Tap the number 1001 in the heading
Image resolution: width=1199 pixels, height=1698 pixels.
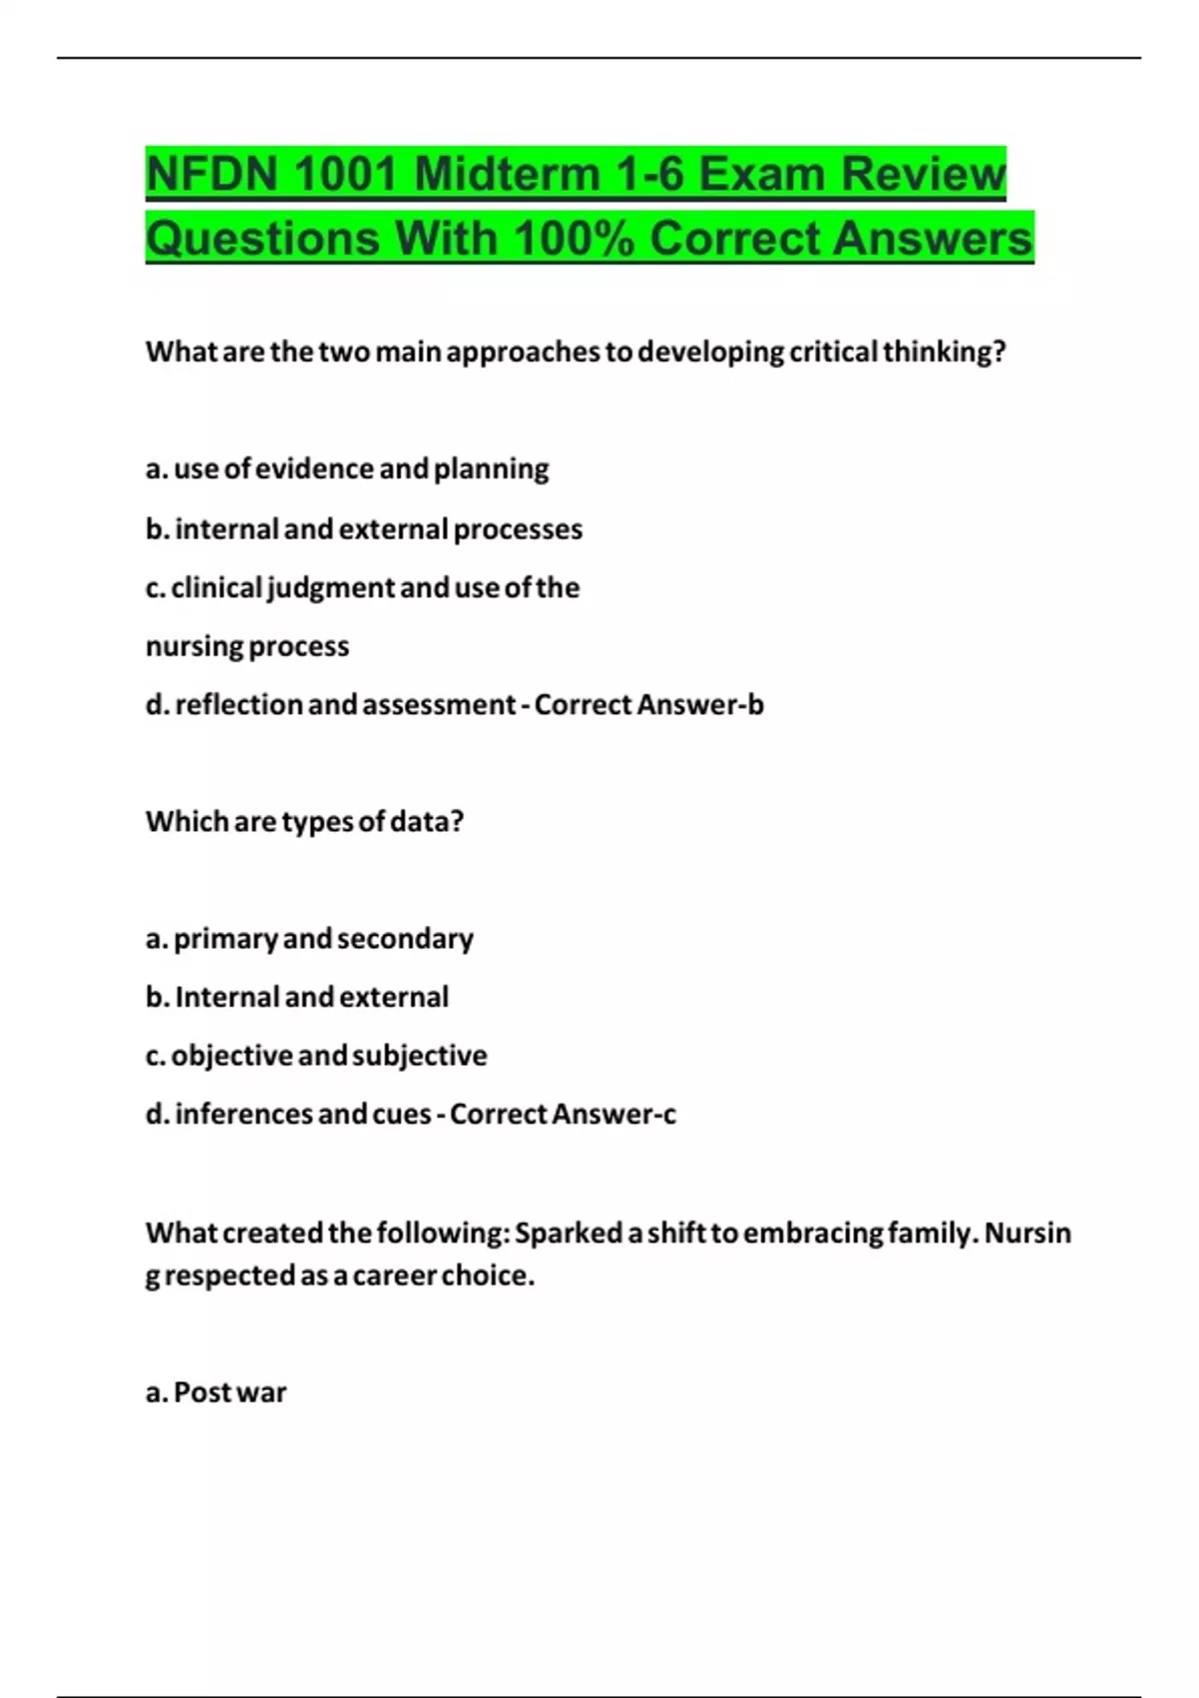[345, 175]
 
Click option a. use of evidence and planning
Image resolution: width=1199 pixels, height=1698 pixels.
[347, 469]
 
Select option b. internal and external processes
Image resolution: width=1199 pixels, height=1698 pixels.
[364, 529]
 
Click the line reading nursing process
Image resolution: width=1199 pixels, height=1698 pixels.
[247, 646]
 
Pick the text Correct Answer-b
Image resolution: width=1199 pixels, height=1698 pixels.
[648, 705]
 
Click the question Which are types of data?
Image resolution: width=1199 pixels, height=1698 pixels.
[305, 822]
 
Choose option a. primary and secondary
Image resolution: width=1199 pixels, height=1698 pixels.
[310, 939]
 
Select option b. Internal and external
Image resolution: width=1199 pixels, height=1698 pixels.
[297, 997]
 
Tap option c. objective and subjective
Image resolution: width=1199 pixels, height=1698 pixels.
[316, 1056]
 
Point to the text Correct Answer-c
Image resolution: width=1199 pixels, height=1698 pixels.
[563, 1115]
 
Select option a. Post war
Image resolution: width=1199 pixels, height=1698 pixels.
[216, 1392]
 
